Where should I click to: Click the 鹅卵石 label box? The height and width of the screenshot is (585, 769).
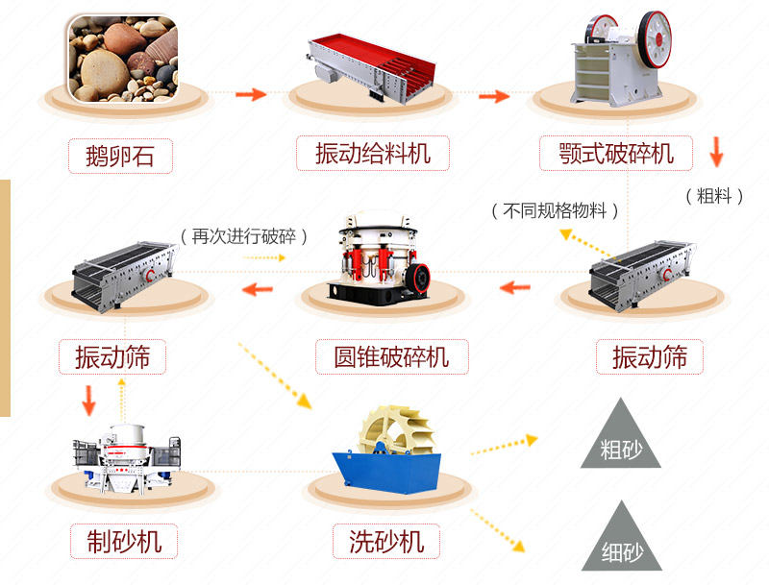coord(119,155)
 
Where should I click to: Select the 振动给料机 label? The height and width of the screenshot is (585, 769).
coord(373,152)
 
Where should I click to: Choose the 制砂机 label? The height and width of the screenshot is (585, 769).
coord(118,541)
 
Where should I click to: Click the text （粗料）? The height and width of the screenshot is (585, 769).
coord(714,196)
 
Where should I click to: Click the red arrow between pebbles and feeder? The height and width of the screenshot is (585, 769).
coord(251,94)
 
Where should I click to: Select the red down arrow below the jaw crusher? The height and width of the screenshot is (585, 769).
coord(715,152)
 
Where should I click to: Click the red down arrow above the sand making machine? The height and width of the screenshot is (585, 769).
coord(88,400)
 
